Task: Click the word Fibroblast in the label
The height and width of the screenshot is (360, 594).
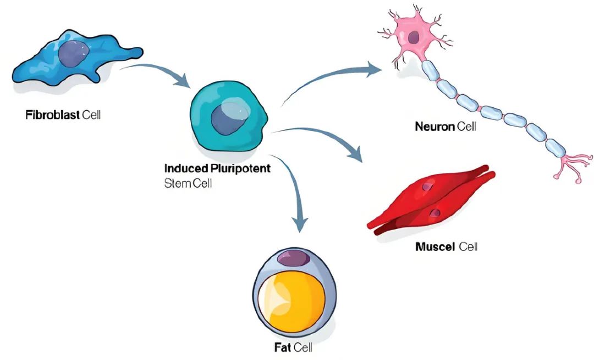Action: point(52,116)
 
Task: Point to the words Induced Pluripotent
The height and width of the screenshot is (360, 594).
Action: point(217,168)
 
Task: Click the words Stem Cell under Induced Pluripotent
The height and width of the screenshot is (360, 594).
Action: point(188,183)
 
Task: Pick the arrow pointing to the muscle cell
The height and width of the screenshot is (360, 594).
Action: point(324,138)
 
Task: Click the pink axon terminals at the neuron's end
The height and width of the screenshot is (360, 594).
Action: point(569,168)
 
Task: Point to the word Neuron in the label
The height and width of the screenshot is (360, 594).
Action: point(435,127)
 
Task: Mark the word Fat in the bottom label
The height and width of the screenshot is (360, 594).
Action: point(282,347)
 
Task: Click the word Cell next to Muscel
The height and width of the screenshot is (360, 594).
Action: point(468,246)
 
